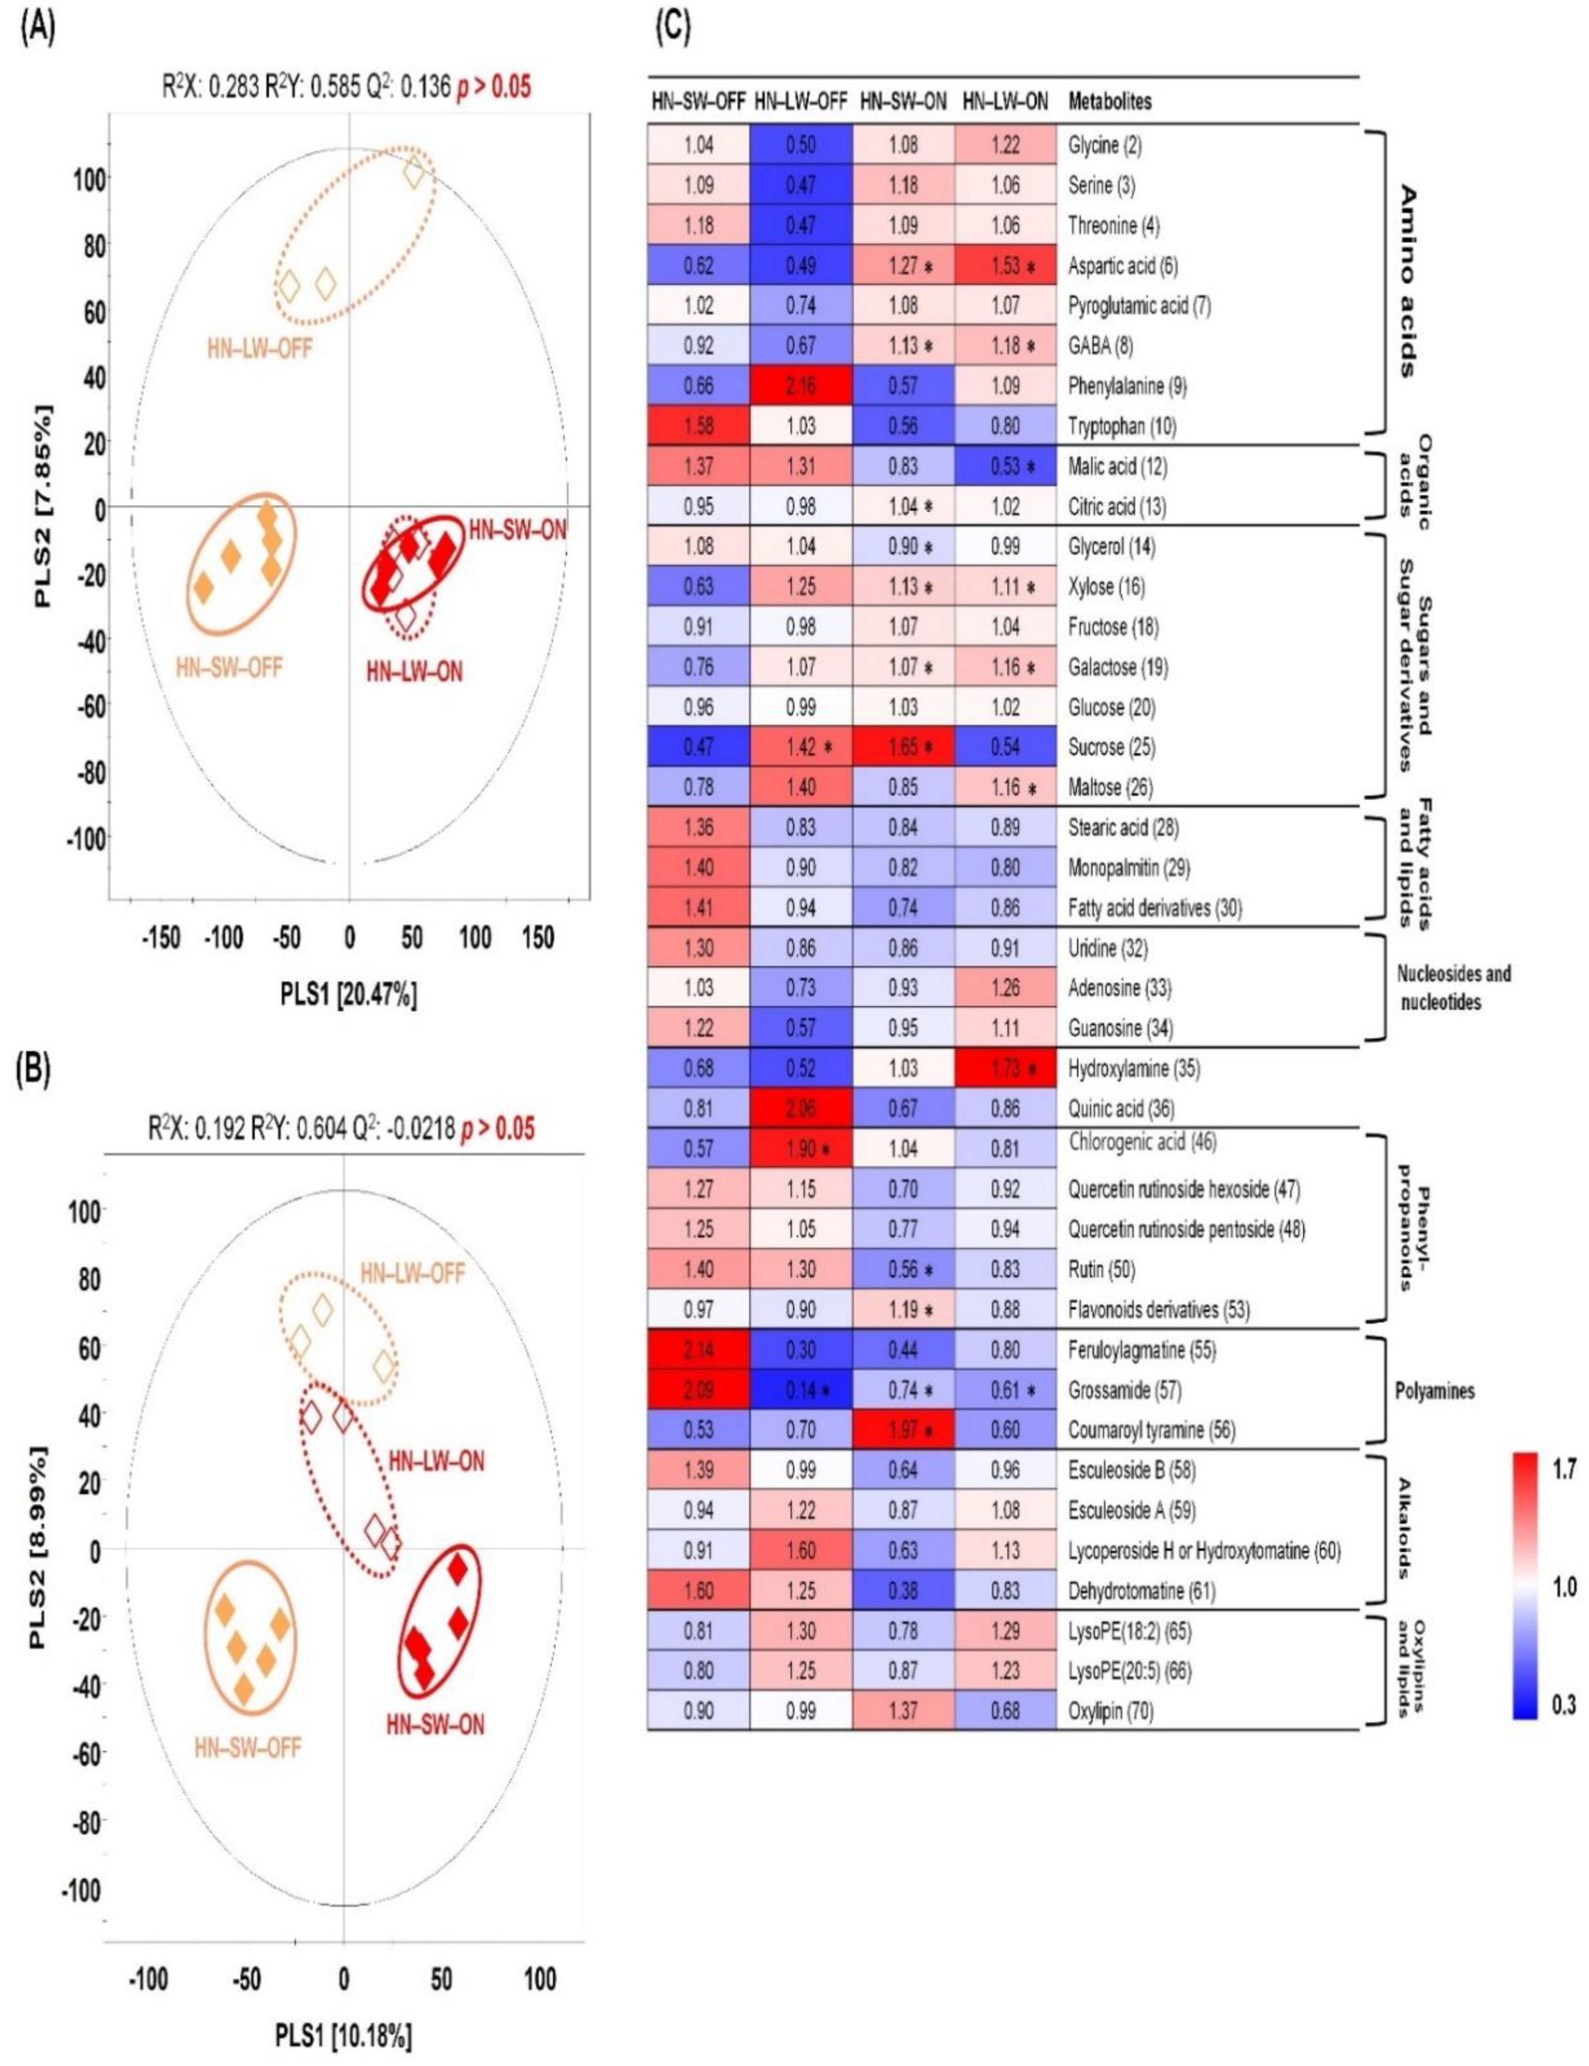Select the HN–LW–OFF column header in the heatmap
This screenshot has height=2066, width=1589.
pos(800,101)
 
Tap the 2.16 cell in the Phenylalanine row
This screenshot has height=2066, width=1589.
pos(800,386)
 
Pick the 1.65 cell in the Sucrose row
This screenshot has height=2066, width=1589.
pos(903,747)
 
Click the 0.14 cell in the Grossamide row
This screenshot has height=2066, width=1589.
pos(800,1390)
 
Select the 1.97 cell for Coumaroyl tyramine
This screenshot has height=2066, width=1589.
pos(903,1430)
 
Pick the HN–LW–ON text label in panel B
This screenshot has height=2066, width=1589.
pos(436,1461)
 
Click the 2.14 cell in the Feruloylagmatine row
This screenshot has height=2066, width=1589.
pos(698,1349)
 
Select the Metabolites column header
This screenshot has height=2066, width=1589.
pos(1109,101)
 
